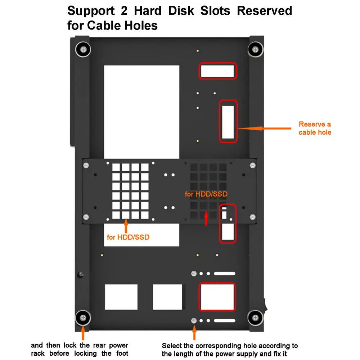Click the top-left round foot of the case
coord(83,49)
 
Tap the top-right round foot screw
coord(255,49)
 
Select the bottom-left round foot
coord(83,318)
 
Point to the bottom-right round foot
coord(255,318)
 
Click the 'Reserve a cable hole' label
coord(315,128)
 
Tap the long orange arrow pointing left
coord(265,129)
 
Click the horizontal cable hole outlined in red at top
coord(217,71)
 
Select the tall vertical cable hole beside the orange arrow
coord(228,121)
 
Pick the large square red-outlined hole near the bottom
coord(217,297)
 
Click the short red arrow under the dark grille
coord(206,218)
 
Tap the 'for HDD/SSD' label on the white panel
coord(128,237)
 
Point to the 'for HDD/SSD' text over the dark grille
coord(206,194)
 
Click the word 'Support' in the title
coord(91,11)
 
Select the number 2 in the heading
coord(124,10)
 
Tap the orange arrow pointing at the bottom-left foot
coord(83,333)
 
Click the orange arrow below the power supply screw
coord(194,333)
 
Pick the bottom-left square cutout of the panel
coord(121,297)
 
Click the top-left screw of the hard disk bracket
coord(86,165)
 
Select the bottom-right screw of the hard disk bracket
coord(253,217)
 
